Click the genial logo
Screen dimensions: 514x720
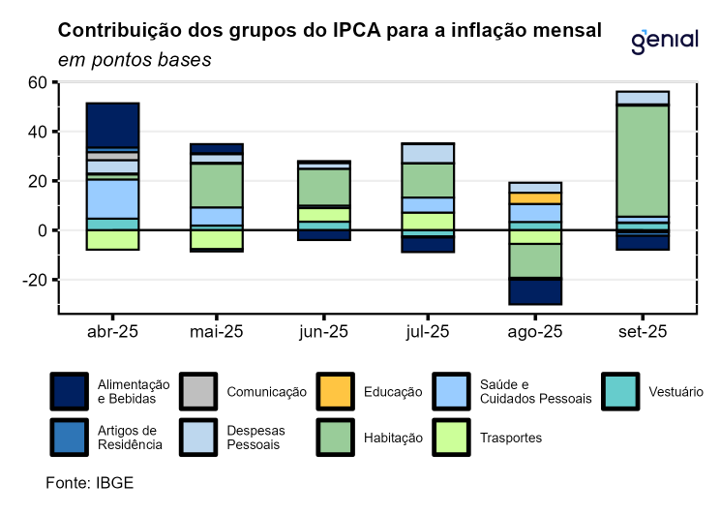click(x=664, y=41)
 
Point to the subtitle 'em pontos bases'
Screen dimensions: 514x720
click(x=135, y=59)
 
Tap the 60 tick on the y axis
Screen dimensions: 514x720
click(x=37, y=82)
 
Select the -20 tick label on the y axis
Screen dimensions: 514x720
click(x=34, y=280)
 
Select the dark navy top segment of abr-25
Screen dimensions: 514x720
click(x=112, y=125)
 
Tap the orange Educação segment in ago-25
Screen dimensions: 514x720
click(x=534, y=197)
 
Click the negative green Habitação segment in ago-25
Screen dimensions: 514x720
click(x=534, y=260)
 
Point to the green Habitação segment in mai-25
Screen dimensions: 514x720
click(x=217, y=185)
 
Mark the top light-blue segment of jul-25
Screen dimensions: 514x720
click(x=428, y=153)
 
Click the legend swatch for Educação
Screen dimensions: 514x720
click(x=336, y=392)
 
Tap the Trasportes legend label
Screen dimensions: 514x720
click(x=511, y=438)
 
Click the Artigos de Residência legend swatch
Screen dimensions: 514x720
click(x=69, y=438)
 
